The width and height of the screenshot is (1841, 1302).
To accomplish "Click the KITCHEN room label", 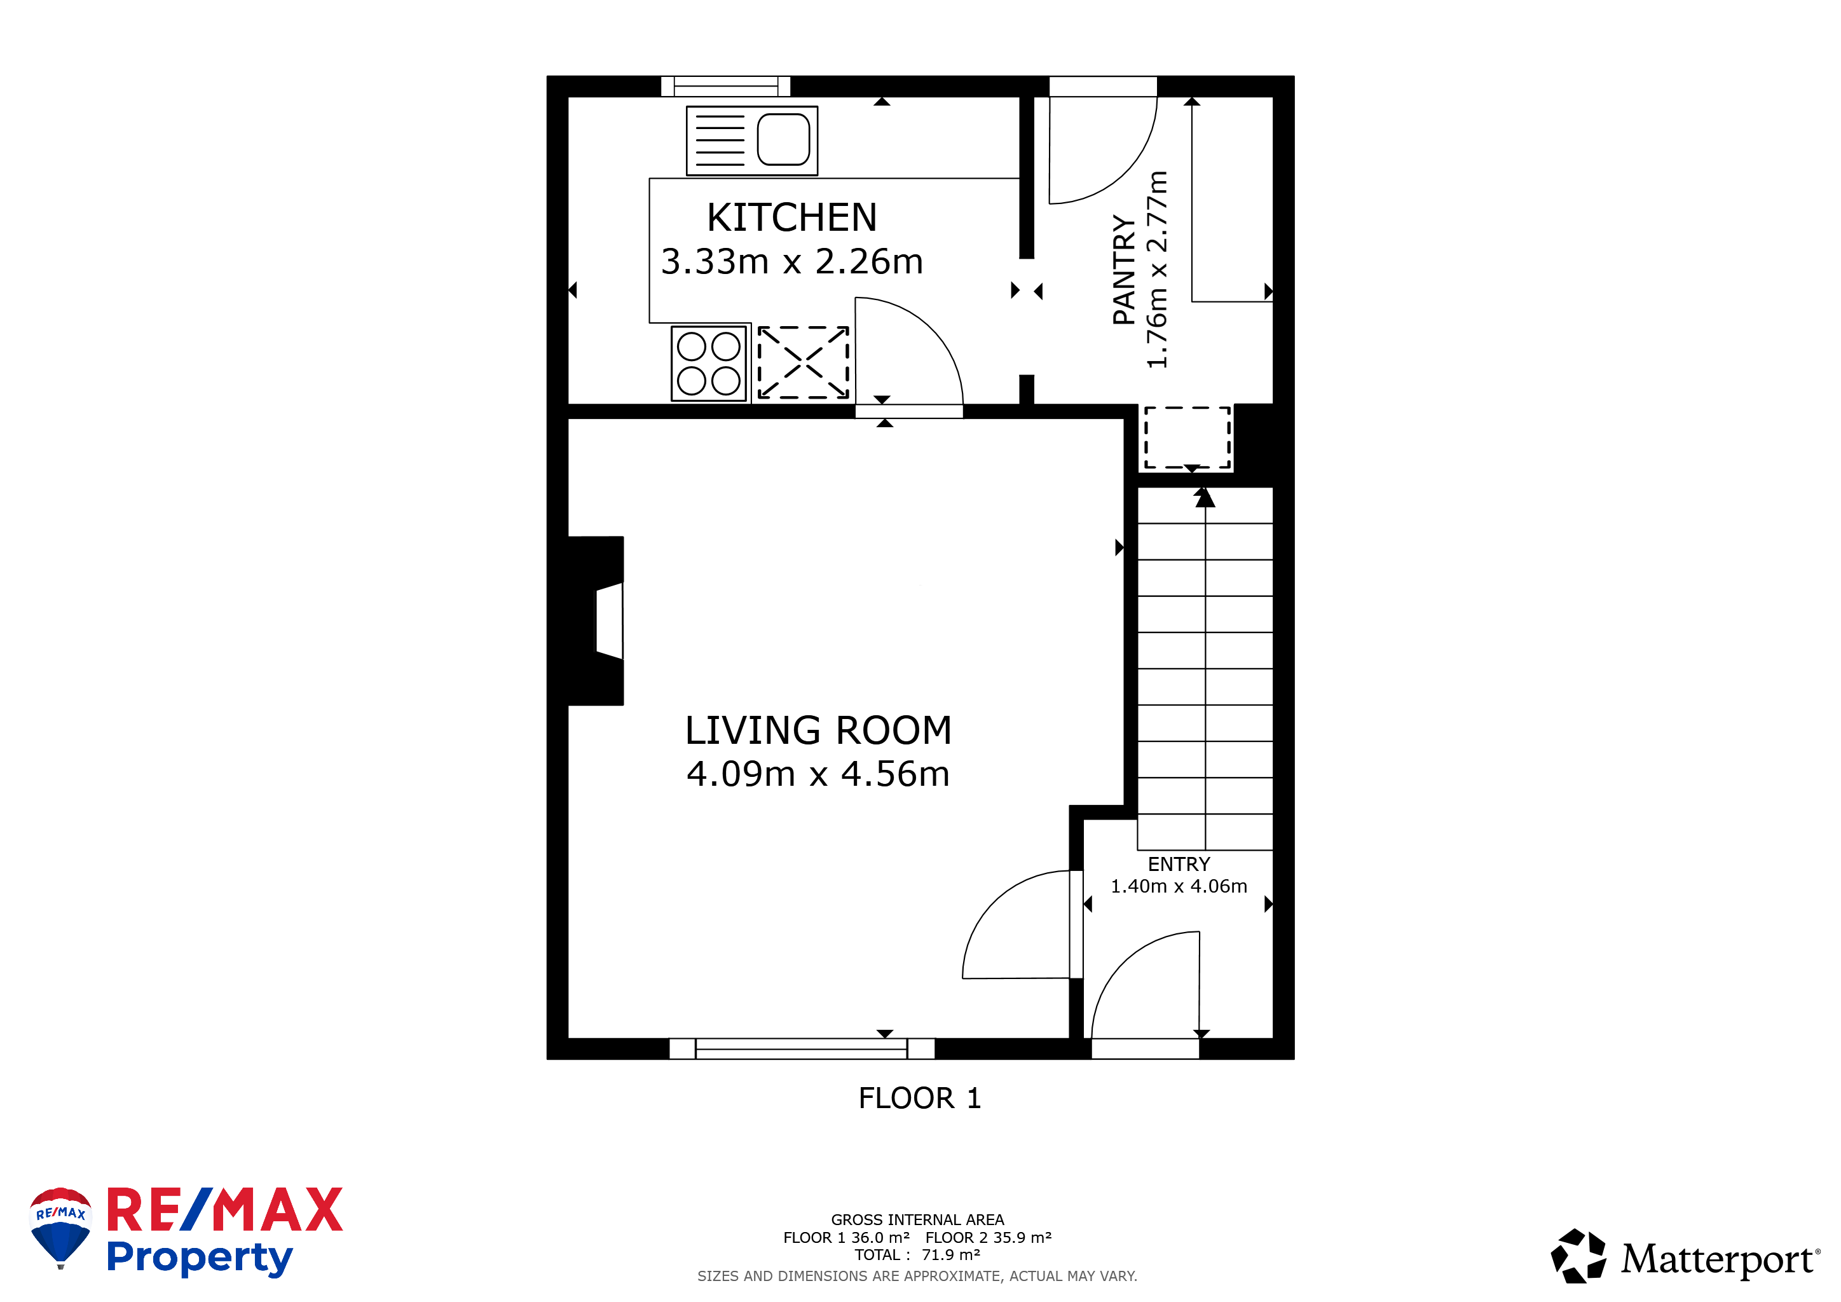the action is pyautogui.click(x=791, y=217).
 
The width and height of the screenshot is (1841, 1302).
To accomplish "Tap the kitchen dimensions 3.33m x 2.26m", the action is pyautogui.click(x=791, y=261).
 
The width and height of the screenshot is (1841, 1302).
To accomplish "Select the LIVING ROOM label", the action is pyautogui.click(x=818, y=730).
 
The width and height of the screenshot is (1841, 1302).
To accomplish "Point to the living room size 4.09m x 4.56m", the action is pyautogui.click(x=818, y=774).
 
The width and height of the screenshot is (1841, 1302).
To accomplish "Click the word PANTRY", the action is pyautogui.click(x=1124, y=270).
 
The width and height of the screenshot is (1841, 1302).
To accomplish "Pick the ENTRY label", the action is pyautogui.click(x=1179, y=864).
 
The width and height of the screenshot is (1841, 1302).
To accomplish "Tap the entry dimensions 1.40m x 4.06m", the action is pyautogui.click(x=1179, y=886).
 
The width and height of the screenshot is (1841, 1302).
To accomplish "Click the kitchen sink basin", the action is pyautogui.click(x=783, y=139).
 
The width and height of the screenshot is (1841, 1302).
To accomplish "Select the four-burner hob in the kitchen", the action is pyautogui.click(x=709, y=363).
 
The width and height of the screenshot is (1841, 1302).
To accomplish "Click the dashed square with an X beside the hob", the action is pyautogui.click(x=804, y=362).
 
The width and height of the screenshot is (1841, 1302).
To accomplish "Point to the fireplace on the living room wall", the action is pyautogui.click(x=598, y=620).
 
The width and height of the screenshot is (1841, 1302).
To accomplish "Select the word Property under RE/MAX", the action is pyautogui.click(x=200, y=1257).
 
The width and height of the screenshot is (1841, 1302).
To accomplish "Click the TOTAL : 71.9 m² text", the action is pyautogui.click(x=917, y=1255).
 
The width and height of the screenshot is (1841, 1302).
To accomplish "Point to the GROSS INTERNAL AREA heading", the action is pyautogui.click(x=917, y=1219).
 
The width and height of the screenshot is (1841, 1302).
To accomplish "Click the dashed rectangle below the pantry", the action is pyautogui.click(x=1187, y=437).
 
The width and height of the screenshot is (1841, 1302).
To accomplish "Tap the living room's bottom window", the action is pyautogui.click(x=802, y=1048).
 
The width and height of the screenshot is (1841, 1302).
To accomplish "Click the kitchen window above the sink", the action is pyautogui.click(x=725, y=86).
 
